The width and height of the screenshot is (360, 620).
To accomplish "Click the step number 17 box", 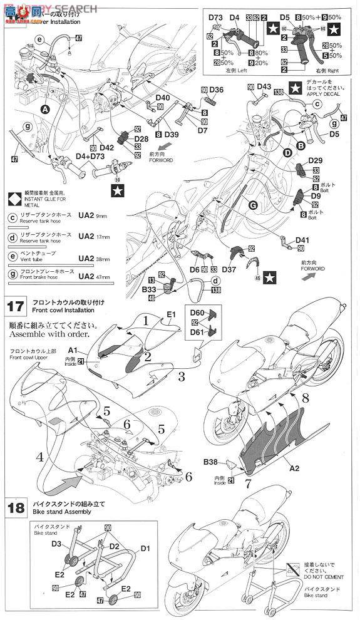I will (16, 307).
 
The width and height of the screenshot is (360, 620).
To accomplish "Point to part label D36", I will (216, 90).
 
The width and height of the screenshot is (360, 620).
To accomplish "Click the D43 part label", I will (264, 87).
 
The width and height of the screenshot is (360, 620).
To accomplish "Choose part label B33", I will (148, 290).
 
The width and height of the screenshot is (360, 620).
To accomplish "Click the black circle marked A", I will (44, 108).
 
